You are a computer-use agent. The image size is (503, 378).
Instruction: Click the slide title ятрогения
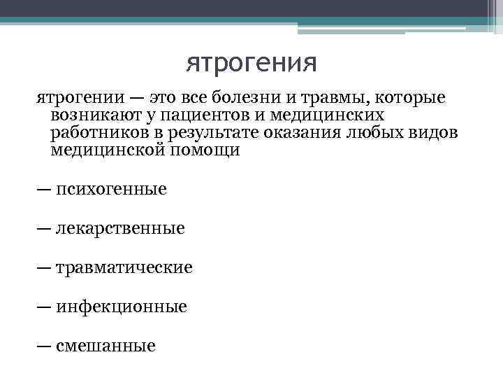[251, 64]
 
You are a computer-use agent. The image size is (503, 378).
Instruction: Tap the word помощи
[205, 151]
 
